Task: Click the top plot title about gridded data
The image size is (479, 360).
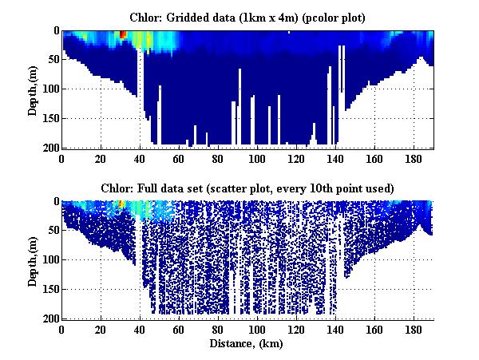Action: [248, 17]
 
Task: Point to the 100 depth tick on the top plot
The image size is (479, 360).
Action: [49, 89]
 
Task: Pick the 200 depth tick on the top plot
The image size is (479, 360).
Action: [49, 148]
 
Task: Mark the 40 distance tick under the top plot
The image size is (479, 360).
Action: [140, 159]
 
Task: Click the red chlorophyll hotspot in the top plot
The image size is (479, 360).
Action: [122, 34]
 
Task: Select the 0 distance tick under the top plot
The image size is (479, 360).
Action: [62, 159]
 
